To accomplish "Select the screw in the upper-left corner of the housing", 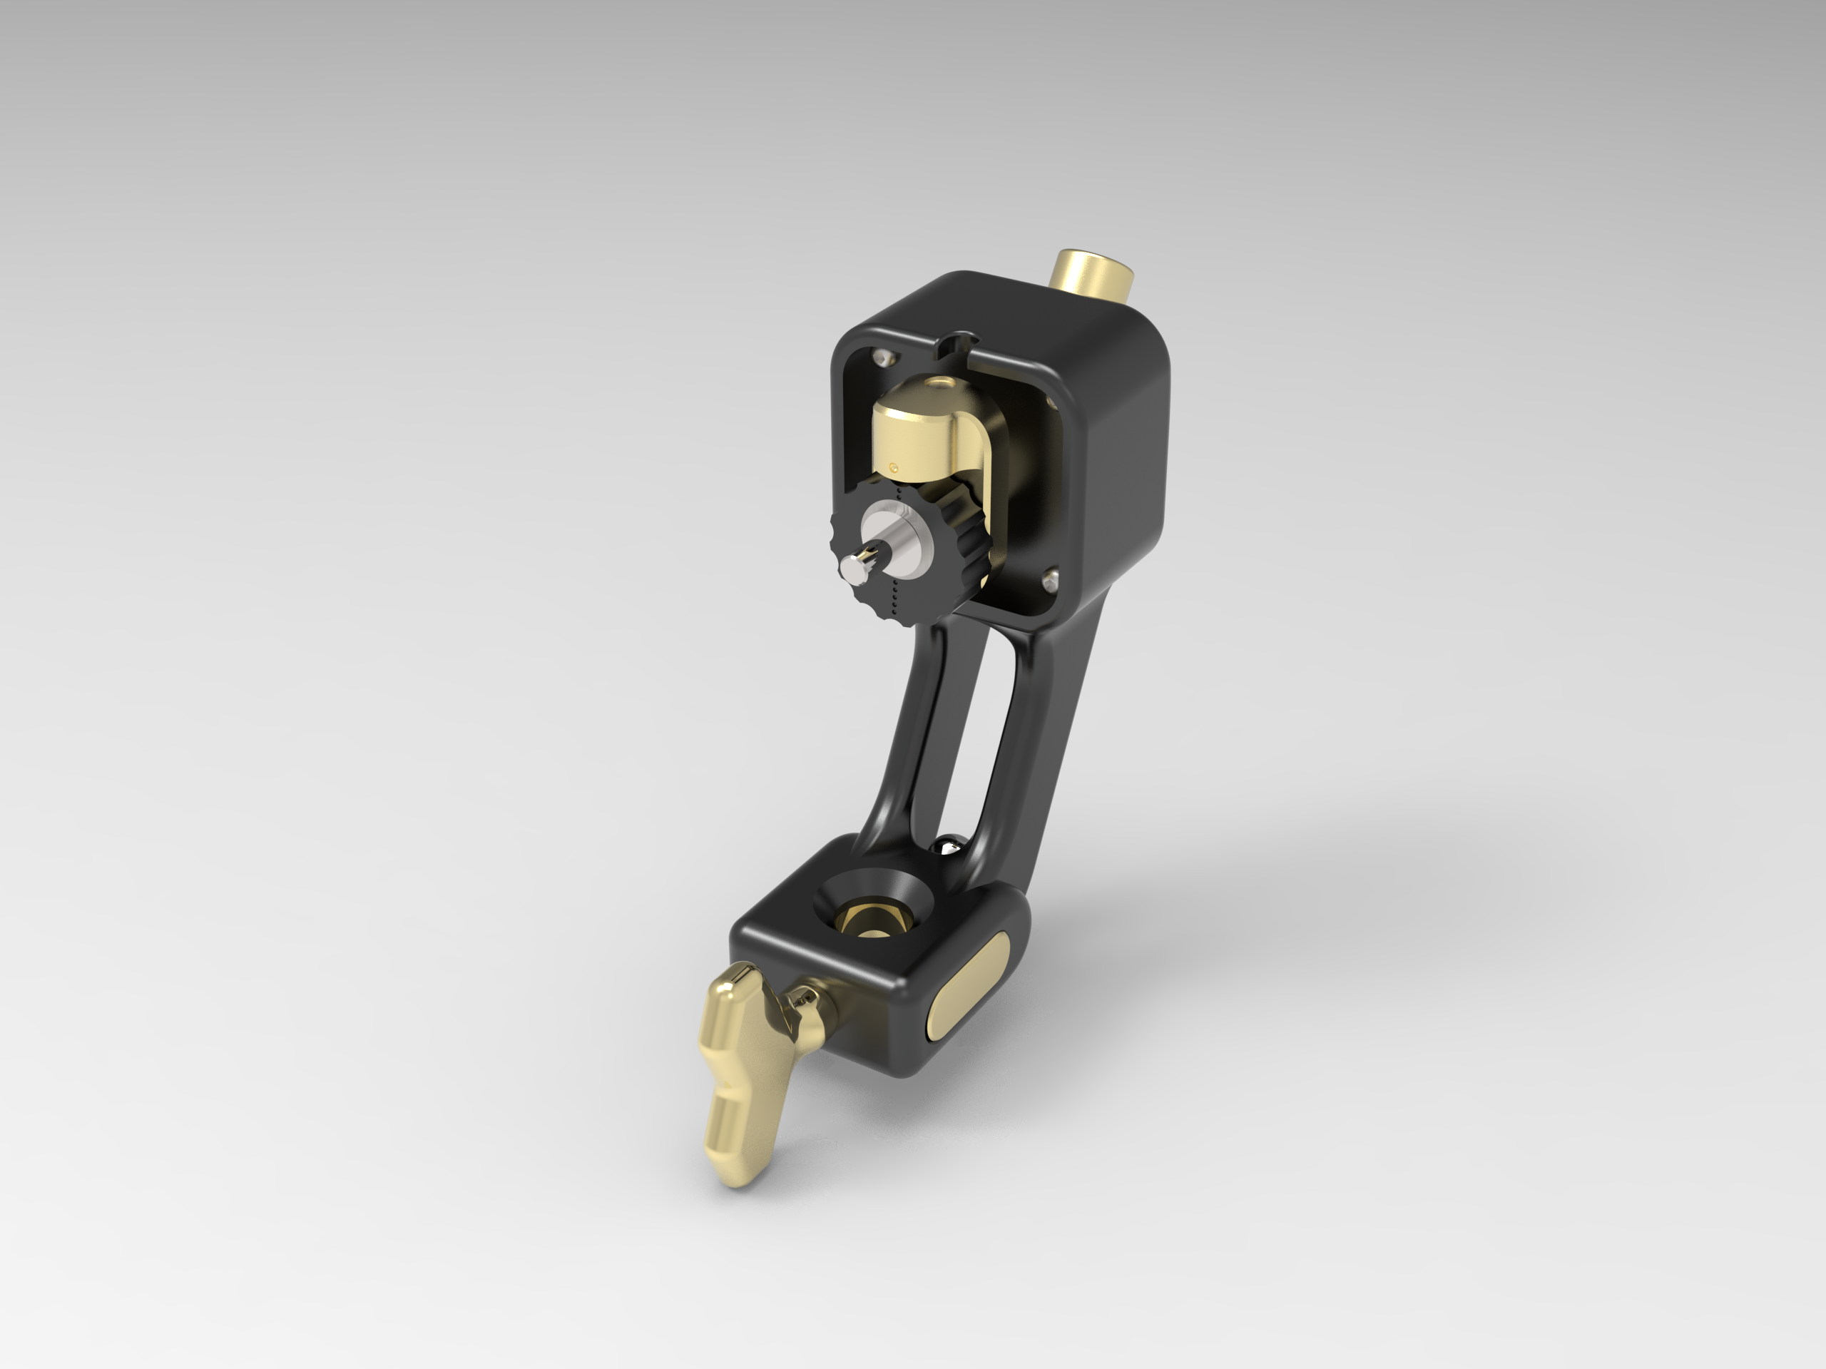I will pyautogui.click(x=883, y=357).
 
